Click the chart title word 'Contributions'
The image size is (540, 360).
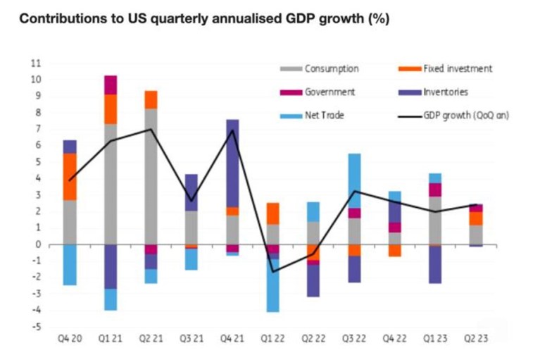point(58,19)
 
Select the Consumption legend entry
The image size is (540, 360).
point(331,68)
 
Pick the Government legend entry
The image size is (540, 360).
point(329,92)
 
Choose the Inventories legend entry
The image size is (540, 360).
point(446,92)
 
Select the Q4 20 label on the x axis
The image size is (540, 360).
point(70,339)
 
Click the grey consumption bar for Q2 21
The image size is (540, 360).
point(151,176)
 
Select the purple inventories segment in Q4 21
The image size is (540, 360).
point(233,163)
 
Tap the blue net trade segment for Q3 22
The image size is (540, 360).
point(356,180)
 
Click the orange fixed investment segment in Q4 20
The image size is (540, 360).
point(70,176)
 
